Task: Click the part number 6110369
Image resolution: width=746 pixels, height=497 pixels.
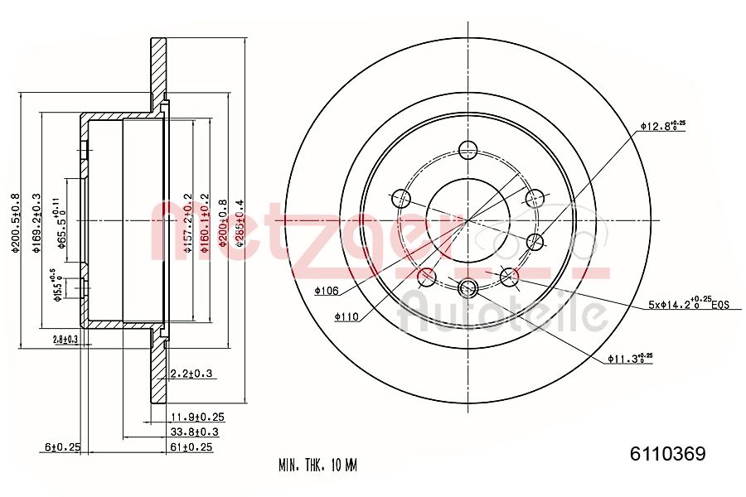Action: pos(667,453)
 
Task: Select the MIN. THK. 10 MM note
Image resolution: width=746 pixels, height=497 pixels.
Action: pos(317,465)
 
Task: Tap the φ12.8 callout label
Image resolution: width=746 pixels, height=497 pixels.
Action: pos(662,126)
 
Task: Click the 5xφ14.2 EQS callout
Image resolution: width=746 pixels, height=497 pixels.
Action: pos(687,304)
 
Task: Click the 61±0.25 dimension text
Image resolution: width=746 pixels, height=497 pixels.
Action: pos(191,447)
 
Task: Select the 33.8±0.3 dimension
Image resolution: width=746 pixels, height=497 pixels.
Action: pos(194,432)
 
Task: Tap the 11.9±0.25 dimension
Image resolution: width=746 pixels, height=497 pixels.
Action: pos(196,417)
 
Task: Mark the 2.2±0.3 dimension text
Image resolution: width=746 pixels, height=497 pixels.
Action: pos(191,374)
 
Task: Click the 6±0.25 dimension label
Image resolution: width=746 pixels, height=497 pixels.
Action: pos(62,447)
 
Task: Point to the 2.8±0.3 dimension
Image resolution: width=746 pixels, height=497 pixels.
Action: pos(65,340)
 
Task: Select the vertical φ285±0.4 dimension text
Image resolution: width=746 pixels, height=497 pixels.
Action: pos(240,221)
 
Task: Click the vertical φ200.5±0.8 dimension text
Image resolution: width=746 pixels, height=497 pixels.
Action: pos(15,224)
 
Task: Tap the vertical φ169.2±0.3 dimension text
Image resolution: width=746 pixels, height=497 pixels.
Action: pos(36,224)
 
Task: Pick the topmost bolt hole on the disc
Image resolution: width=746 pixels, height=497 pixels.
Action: pos(468,150)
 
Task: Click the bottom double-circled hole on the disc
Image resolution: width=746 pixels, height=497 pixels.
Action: pos(468,287)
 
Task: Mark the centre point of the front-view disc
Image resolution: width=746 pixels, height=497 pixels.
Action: pos(468,220)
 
